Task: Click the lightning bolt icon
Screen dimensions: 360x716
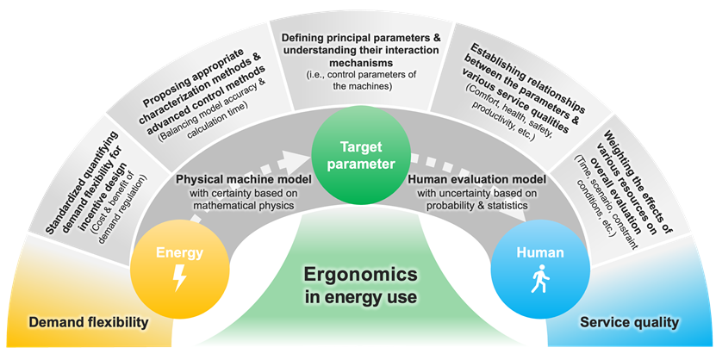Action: [x=180, y=277]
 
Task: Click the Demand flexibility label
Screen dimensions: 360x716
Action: [x=89, y=323]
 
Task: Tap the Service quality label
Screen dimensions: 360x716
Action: [x=629, y=323]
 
